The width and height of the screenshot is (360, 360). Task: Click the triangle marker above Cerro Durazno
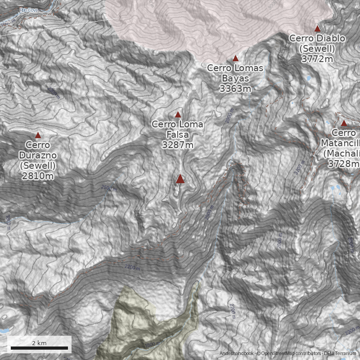click(x=38, y=135)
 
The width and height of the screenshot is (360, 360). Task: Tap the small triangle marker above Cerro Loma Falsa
click(x=178, y=115)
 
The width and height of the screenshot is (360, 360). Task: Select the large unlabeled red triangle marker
click(x=180, y=179)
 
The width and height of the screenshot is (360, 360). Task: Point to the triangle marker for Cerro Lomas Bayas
click(x=235, y=58)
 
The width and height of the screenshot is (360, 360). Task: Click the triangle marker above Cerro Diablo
click(x=317, y=28)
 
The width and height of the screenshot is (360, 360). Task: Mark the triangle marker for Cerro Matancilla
click(x=344, y=123)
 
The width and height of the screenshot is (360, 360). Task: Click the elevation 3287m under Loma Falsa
click(x=178, y=145)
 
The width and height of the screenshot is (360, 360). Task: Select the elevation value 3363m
click(x=235, y=89)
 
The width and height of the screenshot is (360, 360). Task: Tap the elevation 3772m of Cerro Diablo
click(x=317, y=59)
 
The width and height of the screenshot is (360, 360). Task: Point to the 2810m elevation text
click(x=38, y=176)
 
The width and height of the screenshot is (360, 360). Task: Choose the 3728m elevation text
click(x=344, y=164)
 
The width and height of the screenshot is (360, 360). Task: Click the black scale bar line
click(x=39, y=348)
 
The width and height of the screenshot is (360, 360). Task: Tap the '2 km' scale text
click(x=39, y=343)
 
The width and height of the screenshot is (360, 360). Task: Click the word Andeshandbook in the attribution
click(x=237, y=354)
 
